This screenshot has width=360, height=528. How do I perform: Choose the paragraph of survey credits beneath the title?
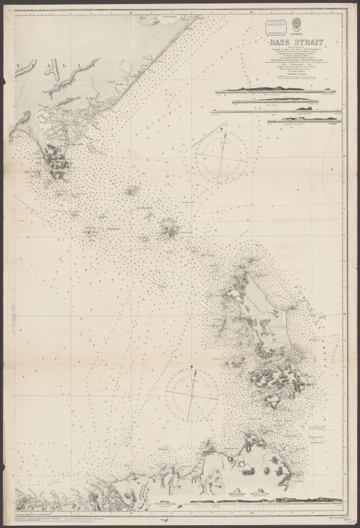pos(279,64)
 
